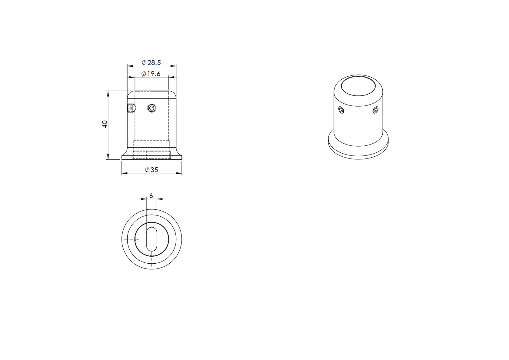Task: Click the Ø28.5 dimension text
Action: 151,62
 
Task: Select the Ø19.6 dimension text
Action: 151,74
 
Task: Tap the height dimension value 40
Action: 105,124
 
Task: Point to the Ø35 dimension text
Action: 151,170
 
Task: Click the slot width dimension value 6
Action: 151,195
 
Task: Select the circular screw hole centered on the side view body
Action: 151,108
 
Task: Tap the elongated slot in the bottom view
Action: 151,239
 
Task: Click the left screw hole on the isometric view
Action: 341,110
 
